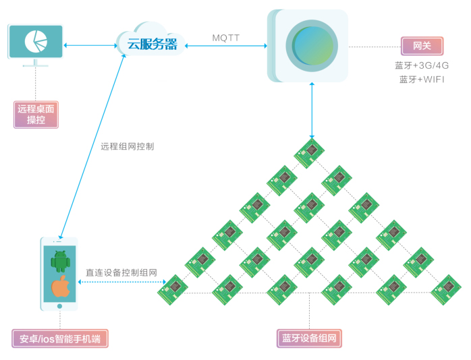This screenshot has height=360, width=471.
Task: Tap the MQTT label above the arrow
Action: (226, 38)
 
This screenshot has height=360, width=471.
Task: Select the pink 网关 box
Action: (422, 46)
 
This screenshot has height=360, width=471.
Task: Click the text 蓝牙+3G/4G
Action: (422, 65)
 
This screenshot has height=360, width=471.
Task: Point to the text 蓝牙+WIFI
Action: (422, 80)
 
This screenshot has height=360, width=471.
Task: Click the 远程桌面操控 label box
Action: (36, 115)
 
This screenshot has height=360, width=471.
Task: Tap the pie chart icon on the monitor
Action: (36, 41)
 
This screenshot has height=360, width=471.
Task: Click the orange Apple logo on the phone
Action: (61, 287)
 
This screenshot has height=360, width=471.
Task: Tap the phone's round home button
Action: (59, 306)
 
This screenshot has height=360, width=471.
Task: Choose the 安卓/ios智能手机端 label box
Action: (60, 338)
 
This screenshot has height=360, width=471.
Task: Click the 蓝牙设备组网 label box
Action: (309, 338)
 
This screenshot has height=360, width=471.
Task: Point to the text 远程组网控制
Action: (128, 146)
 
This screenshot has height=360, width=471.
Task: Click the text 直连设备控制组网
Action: (121, 273)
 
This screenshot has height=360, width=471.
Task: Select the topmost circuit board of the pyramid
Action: (309, 153)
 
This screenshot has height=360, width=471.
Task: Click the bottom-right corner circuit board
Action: (446, 290)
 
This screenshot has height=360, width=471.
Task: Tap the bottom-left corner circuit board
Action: (173, 290)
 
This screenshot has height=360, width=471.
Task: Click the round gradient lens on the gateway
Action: (312, 46)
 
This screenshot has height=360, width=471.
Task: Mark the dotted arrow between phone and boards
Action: (122, 282)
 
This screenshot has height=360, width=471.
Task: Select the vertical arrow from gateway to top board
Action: (312, 111)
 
